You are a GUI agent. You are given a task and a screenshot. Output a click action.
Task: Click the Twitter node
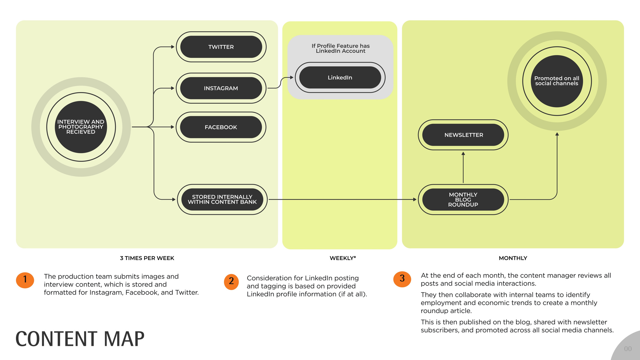221,47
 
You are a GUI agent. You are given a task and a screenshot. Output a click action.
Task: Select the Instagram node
221,88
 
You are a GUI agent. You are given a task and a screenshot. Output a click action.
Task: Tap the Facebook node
221,127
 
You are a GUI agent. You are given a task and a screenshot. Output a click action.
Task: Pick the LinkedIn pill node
340,77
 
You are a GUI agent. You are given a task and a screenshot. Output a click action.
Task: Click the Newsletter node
463,135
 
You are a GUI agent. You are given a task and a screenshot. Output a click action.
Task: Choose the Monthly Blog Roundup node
463,199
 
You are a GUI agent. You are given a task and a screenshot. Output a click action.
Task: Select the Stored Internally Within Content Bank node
222,199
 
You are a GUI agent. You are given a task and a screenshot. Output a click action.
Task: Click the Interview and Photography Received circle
81,127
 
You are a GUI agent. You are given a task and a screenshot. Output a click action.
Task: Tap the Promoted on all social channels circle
557,81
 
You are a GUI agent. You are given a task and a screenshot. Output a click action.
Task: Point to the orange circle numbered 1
25,280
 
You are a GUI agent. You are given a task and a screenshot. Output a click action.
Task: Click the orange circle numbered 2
231,282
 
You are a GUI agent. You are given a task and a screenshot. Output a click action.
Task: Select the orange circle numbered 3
402,279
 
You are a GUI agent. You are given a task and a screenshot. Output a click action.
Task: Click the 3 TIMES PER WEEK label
147,258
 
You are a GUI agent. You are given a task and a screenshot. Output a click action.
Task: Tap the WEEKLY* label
343,258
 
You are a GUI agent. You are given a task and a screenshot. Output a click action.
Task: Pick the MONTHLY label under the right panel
513,258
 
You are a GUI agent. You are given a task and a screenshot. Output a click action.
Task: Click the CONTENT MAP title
80,339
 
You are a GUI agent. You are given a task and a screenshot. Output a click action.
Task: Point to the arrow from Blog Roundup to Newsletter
463,167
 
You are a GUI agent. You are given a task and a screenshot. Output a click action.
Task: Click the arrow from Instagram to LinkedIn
280,83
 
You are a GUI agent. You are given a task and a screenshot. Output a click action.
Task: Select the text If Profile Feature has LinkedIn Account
341,48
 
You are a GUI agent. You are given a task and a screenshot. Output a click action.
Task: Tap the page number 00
628,349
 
